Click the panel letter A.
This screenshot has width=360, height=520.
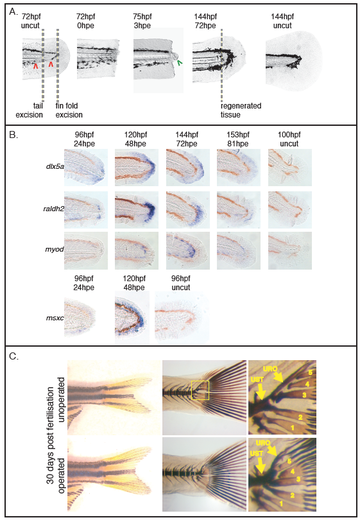(x=13, y=12)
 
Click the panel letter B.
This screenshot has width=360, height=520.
(x=13, y=135)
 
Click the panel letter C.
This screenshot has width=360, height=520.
(x=13, y=356)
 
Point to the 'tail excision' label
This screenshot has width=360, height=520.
(x=29, y=110)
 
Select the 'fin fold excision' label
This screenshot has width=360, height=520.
(x=69, y=110)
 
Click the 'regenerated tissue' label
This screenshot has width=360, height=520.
(x=241, y=110)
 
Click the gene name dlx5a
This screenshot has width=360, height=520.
(x=55, y=166)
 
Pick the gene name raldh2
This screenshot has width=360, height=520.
(x=54, y=209)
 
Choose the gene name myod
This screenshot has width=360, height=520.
(x=55, y=249)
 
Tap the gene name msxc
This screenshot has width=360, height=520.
(x=55, y=318)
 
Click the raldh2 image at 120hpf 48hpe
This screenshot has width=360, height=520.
(x=137, y=209)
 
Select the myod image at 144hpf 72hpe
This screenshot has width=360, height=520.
(x=188, y=250)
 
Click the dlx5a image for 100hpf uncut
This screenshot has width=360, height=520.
(x=289, y=167)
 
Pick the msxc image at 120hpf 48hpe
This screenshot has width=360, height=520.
(x=132, y=317)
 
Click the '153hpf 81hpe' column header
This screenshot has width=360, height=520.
(x=238, y=139)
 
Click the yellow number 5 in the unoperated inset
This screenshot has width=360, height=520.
(x=311, y=372)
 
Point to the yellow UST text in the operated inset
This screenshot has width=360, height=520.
(x=256, y=453)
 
